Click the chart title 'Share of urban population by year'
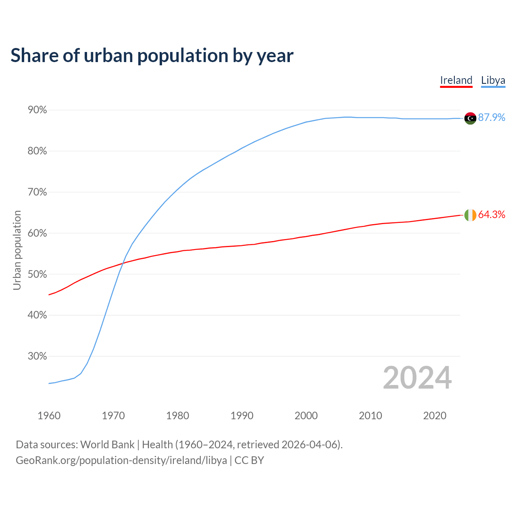[152, 56]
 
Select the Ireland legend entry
[456, 80]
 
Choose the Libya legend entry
[493, 80]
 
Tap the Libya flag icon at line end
[470, 118]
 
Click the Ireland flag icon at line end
[470, 215]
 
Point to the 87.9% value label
[491, 117]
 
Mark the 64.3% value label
[491, 214]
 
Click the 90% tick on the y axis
[37, 110]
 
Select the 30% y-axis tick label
[37, 356]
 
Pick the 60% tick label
[37, 233]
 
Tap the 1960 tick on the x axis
[49, 416]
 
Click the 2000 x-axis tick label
[306, 416]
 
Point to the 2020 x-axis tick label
[435, 416]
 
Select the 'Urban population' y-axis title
[17, 250]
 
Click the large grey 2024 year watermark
[417, 378]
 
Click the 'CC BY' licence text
[249, 460]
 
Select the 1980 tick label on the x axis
[177, 416]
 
